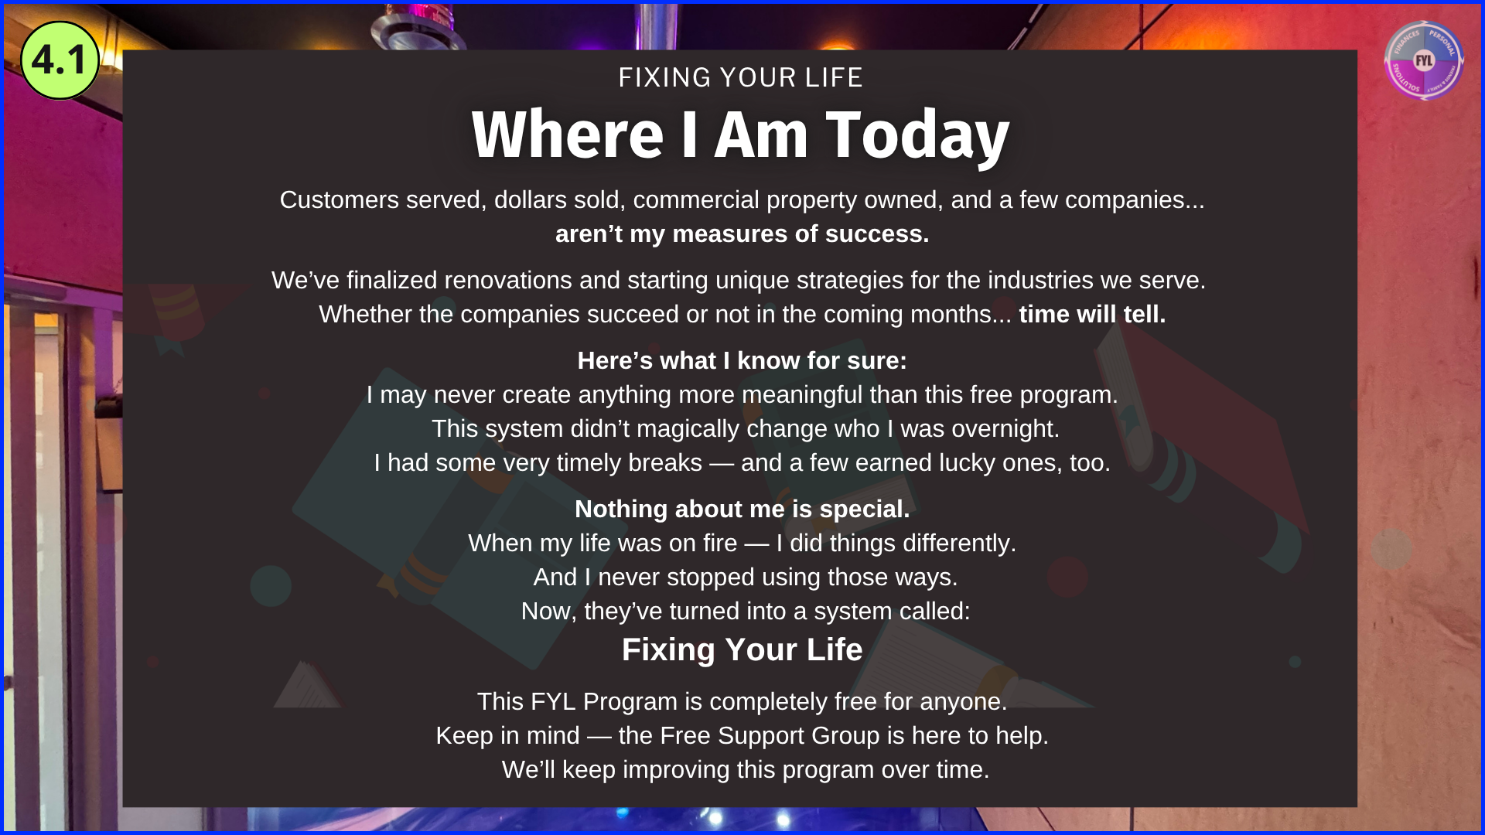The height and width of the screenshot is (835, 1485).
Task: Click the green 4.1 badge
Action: pyautogui.click(x=60, y=60)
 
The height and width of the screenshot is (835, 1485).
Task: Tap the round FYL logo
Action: pyautogui.click(x=1423, y=60)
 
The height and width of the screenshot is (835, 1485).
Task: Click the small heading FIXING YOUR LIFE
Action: pyautogui.click(x=740, y=77)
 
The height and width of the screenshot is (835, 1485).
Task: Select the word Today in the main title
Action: pyautogui.click(x=917, y=135)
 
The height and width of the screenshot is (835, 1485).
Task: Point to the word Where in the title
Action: pyautogui.click(x=568, y=135)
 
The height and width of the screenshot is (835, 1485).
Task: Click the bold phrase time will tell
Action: pyautogui.click(x=1092, y=314)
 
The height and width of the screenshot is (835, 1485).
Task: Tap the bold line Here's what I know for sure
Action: pyautogui.click(x=742, y=360)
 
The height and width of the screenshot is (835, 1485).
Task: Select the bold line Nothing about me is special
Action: pyautogui.click(x=742, y=509)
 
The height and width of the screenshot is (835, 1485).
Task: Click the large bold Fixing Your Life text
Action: pyautogui.click(x=742, y=649)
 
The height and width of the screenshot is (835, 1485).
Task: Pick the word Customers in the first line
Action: pyautogui.click(x=340, y=199)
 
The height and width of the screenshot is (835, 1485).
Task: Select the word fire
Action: pyautogui.click(x=720, y=543)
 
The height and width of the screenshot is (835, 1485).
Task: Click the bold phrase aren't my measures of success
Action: pyautogui.click(x=742, y=233)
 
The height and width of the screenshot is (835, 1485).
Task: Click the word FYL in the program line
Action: pyautogui.click(x=553, y=701)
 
